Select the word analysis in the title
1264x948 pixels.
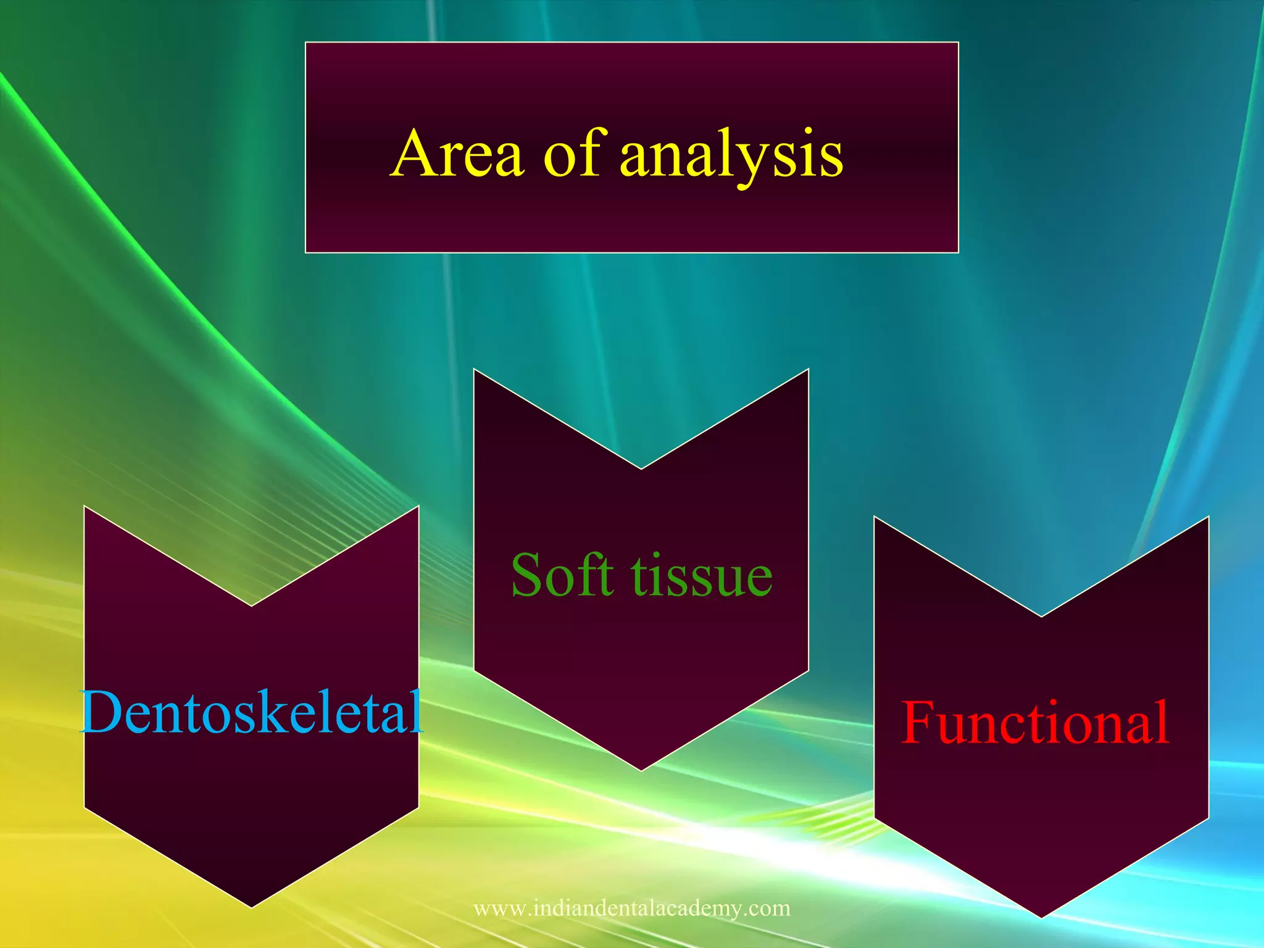(x=731, y=156)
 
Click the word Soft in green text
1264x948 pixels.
(x=562, y=576)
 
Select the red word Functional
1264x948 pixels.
(x=1035, y=723)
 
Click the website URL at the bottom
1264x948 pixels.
(x=631, y=908)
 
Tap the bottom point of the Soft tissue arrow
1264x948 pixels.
(x=641, y=770)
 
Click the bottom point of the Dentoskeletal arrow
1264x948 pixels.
(x=252, y=906)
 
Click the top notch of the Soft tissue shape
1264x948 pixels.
(x=641, y=468)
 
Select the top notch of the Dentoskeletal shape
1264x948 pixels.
(x=252, y=605)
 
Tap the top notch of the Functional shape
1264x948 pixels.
(x=1041, y=615)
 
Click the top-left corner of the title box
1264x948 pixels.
(x=306, y=43)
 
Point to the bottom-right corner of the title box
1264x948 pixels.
(x=957, y=252)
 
